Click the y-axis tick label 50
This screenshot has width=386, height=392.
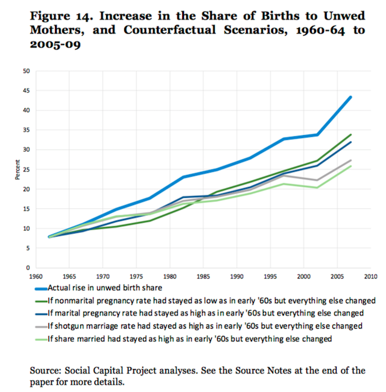point(27,71)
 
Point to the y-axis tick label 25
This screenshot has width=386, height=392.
point(27,169)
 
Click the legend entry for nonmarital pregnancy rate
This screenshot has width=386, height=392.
point(199,300)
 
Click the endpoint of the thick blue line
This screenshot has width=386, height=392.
point(350,97)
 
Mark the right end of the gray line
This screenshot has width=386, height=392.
point(350,160)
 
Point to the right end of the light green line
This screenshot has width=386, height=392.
point(350,166)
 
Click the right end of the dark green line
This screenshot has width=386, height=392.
point(350,134)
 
